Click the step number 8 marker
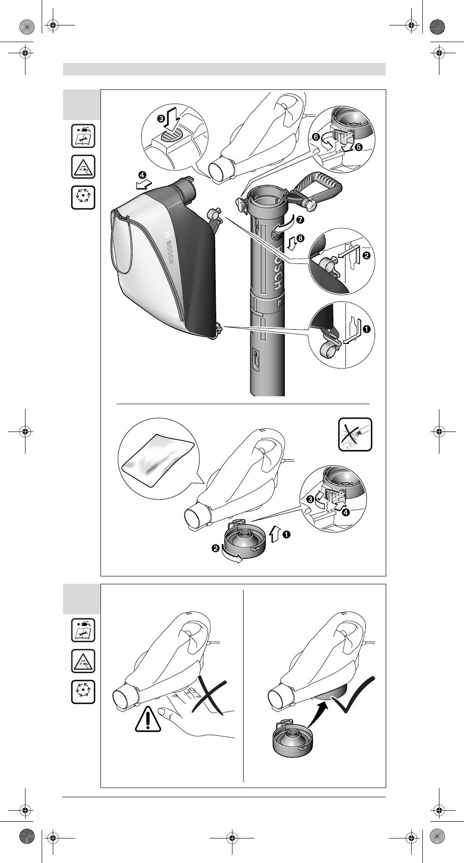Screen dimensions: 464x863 point(301,238)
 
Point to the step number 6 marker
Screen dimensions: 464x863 point(315,137)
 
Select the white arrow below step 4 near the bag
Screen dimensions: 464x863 point(142,186)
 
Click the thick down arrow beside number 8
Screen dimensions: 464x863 point(290,241)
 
